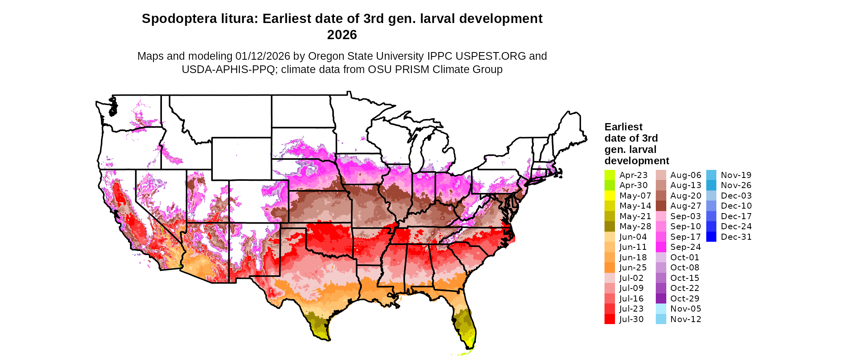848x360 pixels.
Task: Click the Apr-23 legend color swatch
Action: (609, 175)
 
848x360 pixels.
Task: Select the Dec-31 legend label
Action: (736, 237)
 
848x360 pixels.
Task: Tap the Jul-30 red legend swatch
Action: (609, 319)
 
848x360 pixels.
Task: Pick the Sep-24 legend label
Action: (686, 247)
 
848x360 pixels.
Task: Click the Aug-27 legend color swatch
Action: (661, 206)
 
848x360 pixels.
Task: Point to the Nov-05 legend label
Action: (686, 309)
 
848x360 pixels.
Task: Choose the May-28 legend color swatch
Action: (609, 226)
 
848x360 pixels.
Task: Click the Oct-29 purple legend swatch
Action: (661, 299)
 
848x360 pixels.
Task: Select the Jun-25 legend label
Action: (633, 268)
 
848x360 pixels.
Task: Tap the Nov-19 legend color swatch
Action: (711, 175)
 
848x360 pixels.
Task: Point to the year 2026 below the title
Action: (342, 35)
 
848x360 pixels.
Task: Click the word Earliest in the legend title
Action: (623, 127)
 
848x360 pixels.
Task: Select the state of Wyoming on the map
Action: (241, 159)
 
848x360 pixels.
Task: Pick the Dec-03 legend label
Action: (736, 196)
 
